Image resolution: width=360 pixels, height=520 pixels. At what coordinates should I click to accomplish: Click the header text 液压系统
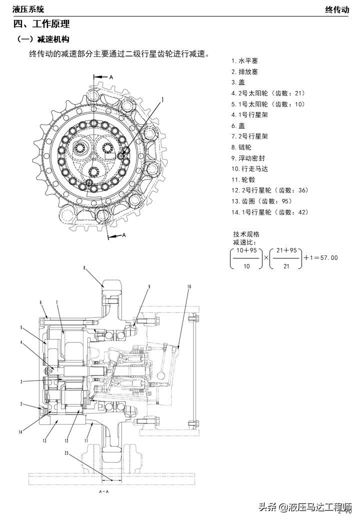(28, 9)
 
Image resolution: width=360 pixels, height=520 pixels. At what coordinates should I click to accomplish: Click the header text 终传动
(337, 9)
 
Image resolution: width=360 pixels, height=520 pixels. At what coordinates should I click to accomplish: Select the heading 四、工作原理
(41, 24)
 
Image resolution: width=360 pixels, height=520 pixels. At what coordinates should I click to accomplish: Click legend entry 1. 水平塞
(244, 61)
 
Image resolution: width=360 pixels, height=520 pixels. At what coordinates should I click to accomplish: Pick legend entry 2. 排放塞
(244, 72)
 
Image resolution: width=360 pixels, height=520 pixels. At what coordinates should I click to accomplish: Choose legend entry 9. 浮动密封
(248, 158)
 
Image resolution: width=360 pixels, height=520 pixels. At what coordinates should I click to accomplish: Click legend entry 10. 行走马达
(250, 169)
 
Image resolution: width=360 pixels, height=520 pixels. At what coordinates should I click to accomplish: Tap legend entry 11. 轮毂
(243, 179)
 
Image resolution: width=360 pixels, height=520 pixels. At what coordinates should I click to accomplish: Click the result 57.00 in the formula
(328, 258)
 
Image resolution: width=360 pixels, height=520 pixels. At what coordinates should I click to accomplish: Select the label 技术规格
(246, 234)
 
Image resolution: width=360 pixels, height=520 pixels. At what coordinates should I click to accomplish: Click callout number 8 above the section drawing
(84, 268)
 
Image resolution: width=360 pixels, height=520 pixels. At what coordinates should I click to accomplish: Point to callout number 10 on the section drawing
(189, 286)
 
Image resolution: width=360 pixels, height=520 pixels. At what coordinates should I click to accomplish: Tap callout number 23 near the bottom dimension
(66, 454)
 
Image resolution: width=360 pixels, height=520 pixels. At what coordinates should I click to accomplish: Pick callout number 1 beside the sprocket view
(162, 100)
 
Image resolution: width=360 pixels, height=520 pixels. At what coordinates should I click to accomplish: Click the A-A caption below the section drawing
(104, 492)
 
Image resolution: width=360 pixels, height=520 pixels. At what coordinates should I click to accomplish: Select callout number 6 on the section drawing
(41, 302)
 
